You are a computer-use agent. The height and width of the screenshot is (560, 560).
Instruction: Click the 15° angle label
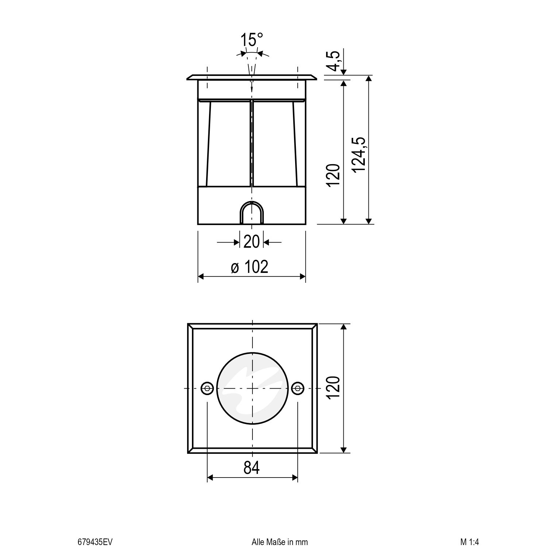coord(251,40)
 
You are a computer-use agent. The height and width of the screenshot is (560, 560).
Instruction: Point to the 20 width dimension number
coord(251,242)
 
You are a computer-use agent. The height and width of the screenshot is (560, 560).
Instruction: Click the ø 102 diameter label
coord(250,267)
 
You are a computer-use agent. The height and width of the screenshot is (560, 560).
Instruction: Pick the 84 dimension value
coord(252,468)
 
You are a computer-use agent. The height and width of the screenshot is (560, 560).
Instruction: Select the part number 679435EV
coord(92,542)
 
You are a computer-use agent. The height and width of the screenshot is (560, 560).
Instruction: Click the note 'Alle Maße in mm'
coord(279,542)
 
